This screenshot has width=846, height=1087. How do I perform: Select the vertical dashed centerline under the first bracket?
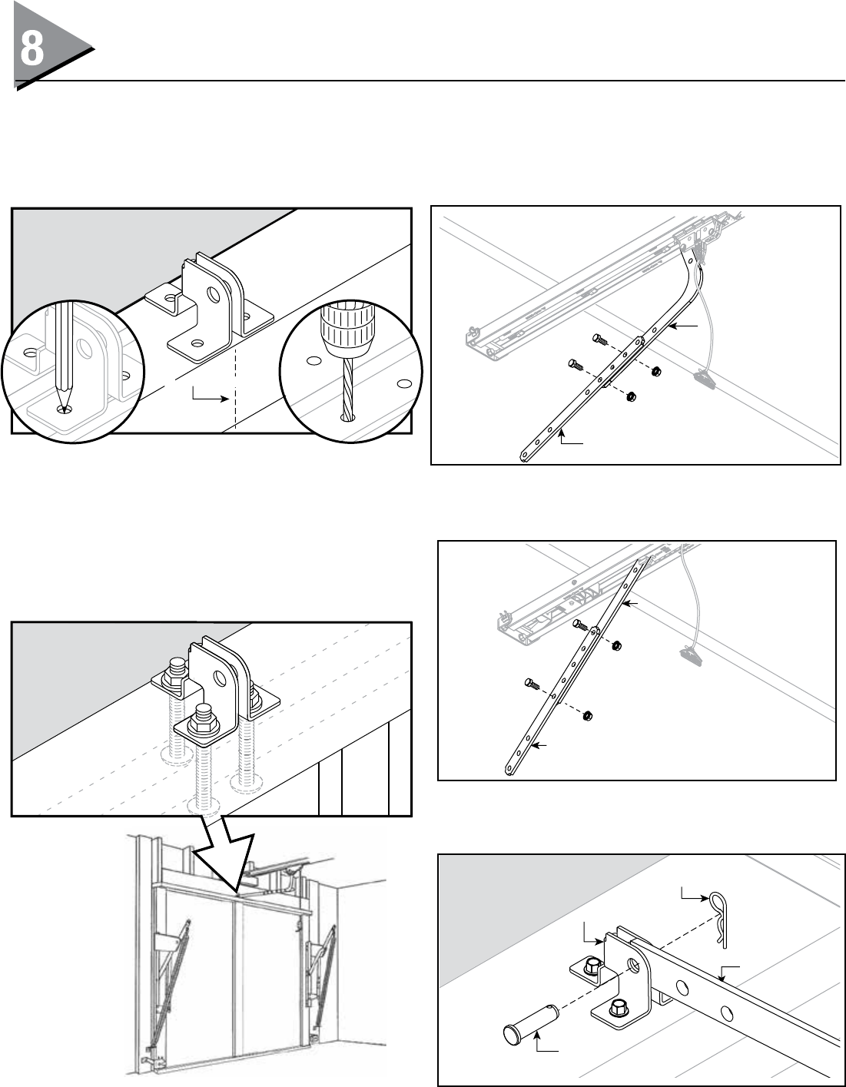234,384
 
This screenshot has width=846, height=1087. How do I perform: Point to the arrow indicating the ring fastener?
695,893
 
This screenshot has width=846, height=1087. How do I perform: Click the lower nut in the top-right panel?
631,396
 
